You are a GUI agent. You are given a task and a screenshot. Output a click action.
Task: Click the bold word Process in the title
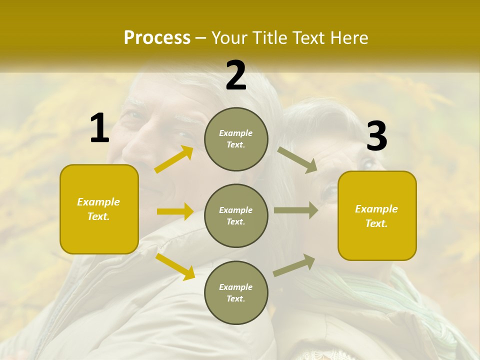pyautogui.click(x=157, y=38)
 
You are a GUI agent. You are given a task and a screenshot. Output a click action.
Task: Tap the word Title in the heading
pyautogui.click(x=267, y=38)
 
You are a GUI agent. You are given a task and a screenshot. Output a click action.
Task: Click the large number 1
pyautogui.click(x=99, y=128)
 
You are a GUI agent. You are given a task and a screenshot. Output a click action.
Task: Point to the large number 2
pyautogui.click(x=236, y=75)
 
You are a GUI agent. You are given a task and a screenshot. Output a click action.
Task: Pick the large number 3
pyautogui.click(x=377, y=136)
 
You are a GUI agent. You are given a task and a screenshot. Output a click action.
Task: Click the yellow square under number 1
pyautogui.click(x=99, y=209)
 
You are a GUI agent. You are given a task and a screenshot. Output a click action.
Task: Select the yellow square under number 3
pyautogui.click(x=377, y=215)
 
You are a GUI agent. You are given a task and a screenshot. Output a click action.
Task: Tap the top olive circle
pyautogui.click(x=236, y=139)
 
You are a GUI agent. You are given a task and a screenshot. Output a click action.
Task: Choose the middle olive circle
pyautogui.click(x=236, y=215)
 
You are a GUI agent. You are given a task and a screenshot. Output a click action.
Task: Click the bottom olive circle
pyautogui.click(x=236, y=292)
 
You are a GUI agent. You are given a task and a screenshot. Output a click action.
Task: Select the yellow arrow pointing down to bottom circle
pyautogui.click(x=175, y=266)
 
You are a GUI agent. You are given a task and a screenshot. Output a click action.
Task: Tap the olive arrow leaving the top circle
pyautogui.click(x=297, y=159)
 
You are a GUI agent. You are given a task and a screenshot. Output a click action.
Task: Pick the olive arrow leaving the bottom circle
pyautogui.click(x=294, y=265)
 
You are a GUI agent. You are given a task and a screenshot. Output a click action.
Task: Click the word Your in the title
pyautogui.click(x=228, y=38)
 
